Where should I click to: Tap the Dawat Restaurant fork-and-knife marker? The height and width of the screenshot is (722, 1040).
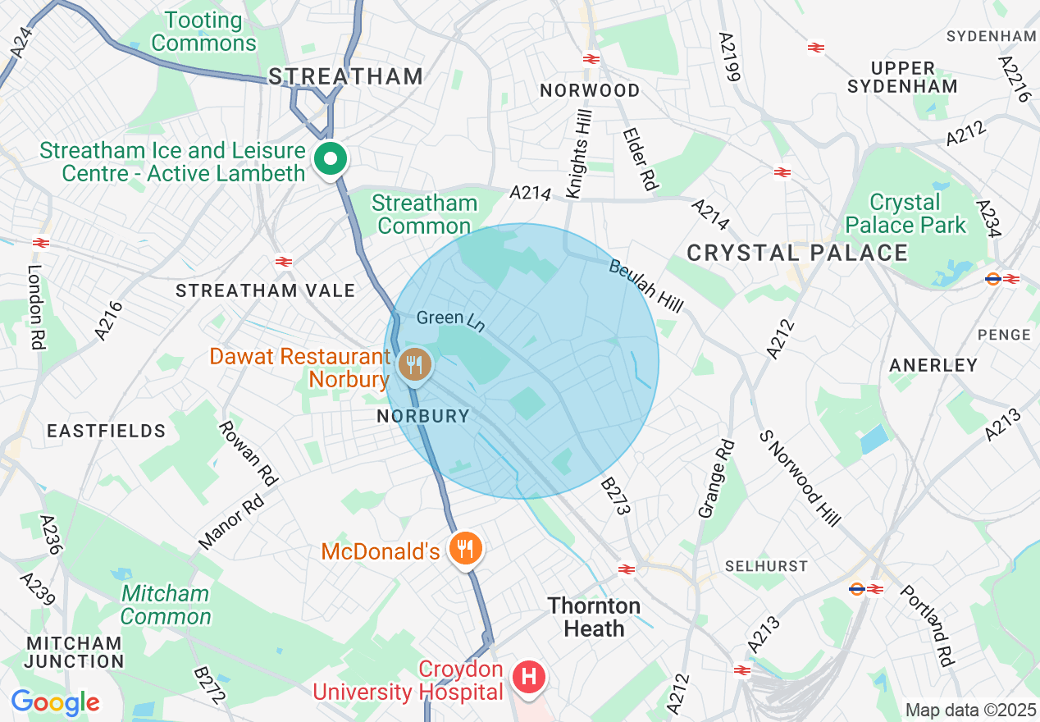tap(415, 363)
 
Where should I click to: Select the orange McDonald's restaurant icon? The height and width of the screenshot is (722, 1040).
tap(466, 548)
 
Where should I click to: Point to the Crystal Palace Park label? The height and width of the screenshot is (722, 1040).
tap(905, 213)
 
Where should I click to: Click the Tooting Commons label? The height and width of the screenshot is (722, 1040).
tap(203, 32)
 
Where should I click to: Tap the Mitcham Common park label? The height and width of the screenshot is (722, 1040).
tap(166, 605)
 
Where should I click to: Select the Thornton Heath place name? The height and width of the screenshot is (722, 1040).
tap(594, 617)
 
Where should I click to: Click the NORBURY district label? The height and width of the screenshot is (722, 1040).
tap(422, 416)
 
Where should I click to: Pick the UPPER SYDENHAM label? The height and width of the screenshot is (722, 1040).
tap(902, 77)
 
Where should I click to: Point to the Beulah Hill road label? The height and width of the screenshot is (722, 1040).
tap(645, 286)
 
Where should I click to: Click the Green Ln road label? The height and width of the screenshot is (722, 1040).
tap(450, 320)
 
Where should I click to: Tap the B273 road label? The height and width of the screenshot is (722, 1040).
tap(615, 497)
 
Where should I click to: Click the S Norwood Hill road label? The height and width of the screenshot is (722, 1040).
tap(800, 478)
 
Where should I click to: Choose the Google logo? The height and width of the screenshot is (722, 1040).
tap(55, 702)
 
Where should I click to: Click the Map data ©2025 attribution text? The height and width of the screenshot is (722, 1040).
tap(970, 710)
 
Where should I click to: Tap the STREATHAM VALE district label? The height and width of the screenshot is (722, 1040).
tap(265, 290)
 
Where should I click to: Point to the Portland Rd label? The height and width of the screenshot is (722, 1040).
tap(928, 625)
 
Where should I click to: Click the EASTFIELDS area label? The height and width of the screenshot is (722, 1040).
tap(106, 431)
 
